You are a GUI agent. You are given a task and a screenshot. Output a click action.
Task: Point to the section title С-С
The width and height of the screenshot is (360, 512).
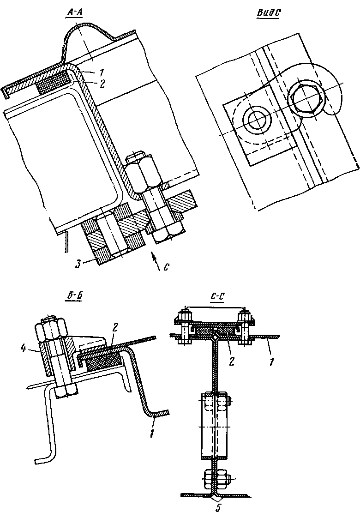click(216, 297)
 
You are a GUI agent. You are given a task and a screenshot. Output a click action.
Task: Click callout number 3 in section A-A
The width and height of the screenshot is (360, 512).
click(78, 264)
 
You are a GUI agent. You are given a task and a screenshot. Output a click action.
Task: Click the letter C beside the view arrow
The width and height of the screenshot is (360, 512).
click(166, 268)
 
